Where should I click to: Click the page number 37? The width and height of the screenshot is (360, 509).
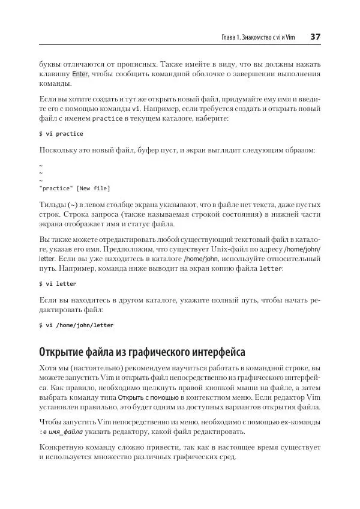click(315, 37)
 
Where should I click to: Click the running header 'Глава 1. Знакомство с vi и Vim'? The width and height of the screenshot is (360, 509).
click(258, 38)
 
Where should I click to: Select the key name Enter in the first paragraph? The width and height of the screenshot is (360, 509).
click(80, 74)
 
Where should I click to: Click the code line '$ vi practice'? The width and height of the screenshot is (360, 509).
click(61, 133)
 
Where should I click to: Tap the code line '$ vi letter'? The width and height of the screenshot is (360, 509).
click(58, 283)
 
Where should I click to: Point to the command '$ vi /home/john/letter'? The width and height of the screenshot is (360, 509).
click(76, 325)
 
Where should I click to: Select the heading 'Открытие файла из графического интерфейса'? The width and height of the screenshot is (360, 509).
click(142, 351)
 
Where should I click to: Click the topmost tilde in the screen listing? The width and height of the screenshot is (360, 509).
click(40, 165)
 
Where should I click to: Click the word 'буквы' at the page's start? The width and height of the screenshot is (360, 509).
click(50, 64)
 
